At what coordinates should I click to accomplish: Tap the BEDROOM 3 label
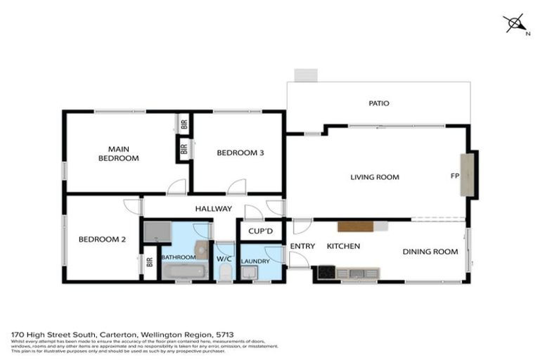240,153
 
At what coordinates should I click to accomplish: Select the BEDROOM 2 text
102,239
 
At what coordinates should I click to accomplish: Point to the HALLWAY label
214,208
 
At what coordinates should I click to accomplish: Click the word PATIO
378,103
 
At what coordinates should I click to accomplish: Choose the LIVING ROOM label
375,177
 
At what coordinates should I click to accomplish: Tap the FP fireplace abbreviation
454,176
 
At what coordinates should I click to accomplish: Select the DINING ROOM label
430,251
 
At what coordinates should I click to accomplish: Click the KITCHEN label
343,246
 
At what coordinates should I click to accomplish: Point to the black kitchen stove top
326,272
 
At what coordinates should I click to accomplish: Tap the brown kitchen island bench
355,226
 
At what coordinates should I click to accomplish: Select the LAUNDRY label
255,261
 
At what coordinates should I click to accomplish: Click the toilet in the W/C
224,271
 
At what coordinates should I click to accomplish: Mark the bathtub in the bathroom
180,271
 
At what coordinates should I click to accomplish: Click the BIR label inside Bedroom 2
149,263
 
